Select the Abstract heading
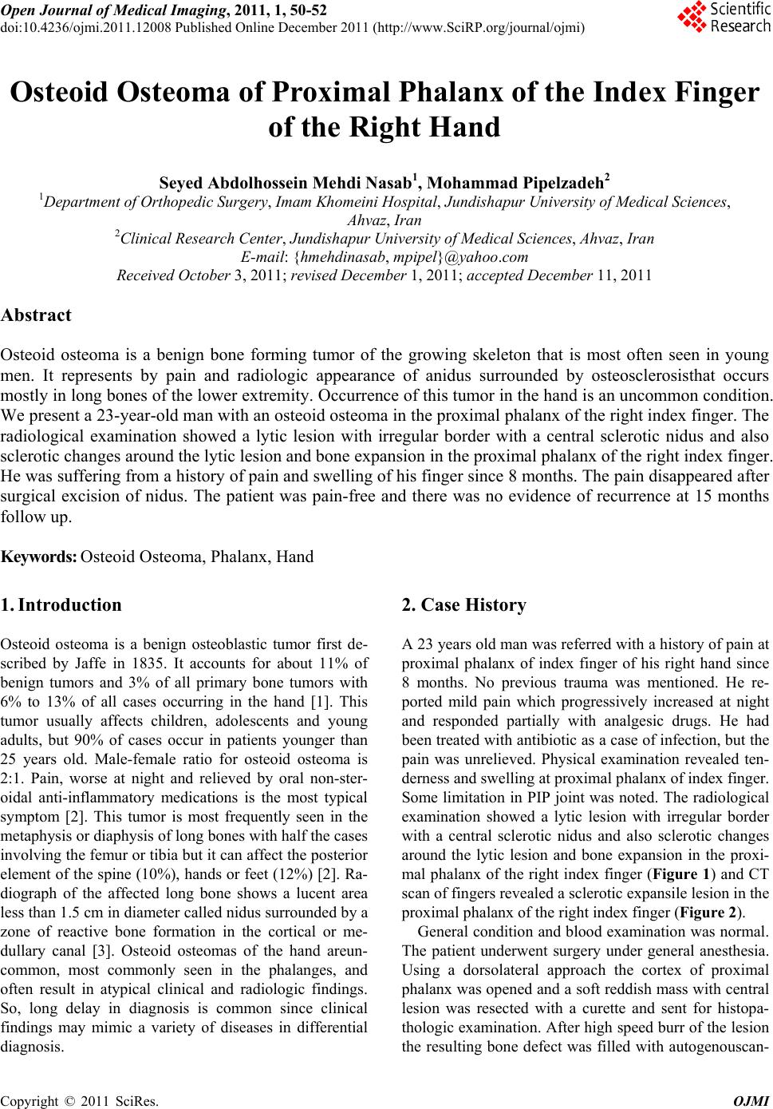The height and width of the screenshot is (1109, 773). click(37, 315)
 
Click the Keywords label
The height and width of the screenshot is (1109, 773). click(39, 556)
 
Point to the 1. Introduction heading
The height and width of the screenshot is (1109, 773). click(62, 604)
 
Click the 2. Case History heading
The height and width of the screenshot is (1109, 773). click(464, 605)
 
